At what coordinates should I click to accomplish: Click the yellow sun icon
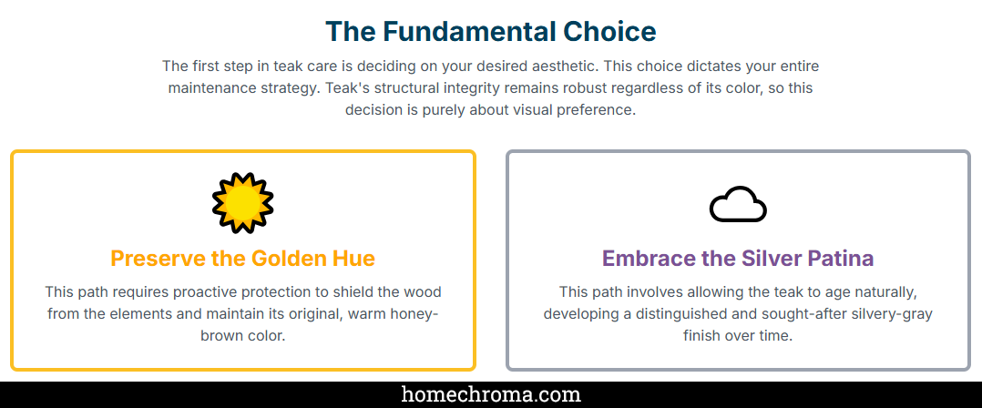[x=243, y=203]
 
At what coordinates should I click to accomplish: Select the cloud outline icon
[x=738, y=204]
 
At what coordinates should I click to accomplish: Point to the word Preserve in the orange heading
[x=159, y=259]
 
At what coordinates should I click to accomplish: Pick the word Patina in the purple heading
[x=841, y=259]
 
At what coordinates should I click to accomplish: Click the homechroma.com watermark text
[x=491, y=395]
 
